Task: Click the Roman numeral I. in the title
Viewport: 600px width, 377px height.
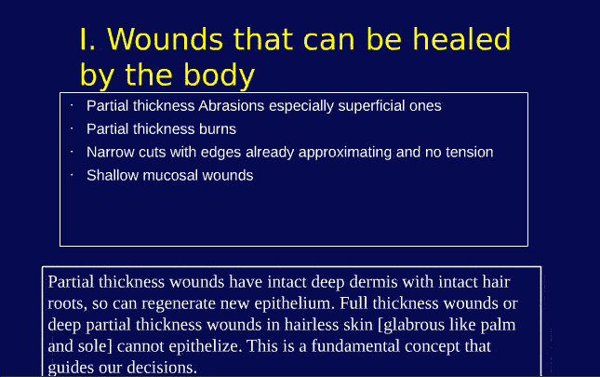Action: pos(88,40)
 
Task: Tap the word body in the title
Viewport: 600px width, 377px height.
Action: pos(217,73)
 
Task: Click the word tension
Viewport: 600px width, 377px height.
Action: pos(468,152)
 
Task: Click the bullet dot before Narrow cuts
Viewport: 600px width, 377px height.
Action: pos(72,150)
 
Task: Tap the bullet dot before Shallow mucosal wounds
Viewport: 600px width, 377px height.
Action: pos(72,173)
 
